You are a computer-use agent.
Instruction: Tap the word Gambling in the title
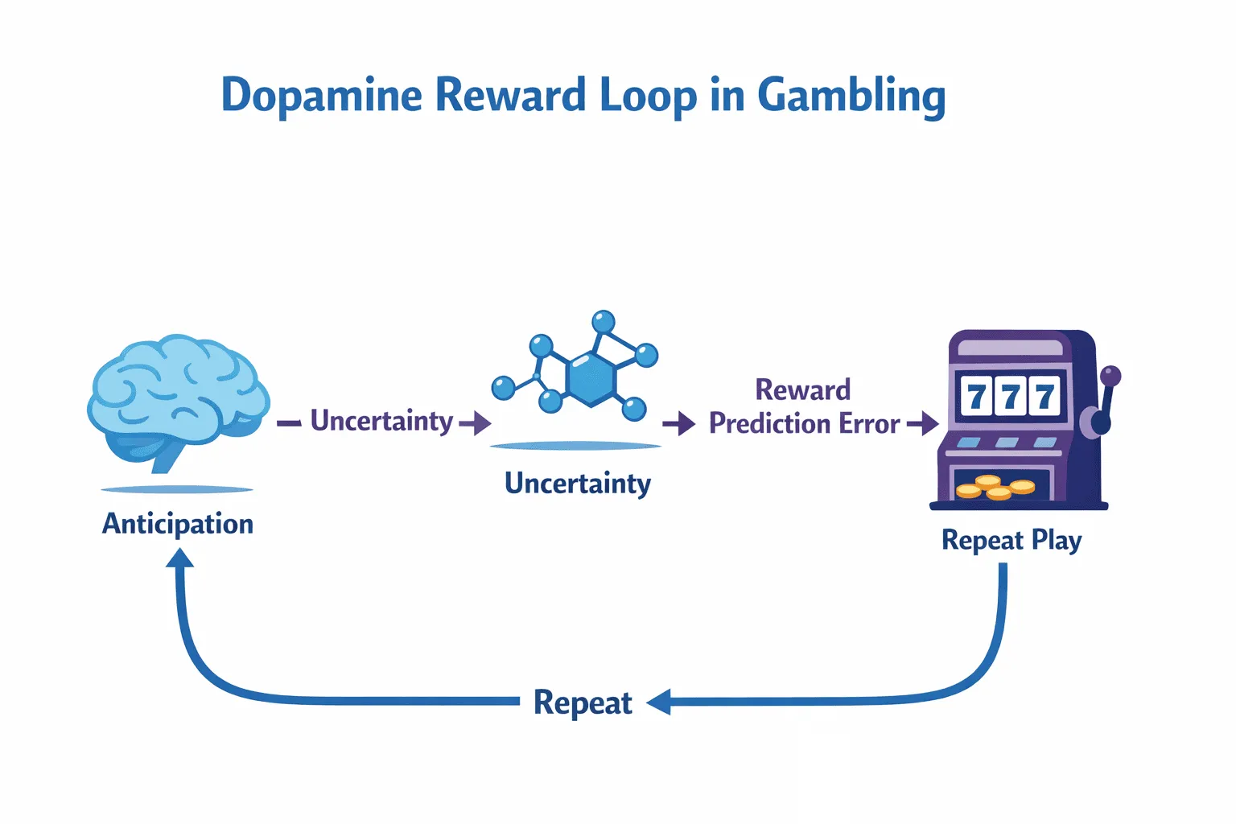[852, 97]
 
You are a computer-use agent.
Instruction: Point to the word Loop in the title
[649, 97]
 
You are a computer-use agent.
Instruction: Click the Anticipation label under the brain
[178, 524]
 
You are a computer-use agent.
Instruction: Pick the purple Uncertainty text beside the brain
[382, 421]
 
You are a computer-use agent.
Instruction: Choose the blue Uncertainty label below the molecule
[578, 484]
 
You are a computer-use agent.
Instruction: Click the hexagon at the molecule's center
[591, 379]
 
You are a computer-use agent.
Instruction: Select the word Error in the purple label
[869, 424]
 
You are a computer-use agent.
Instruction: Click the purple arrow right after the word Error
[923, 424]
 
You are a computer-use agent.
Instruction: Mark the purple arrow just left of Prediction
[679, 424]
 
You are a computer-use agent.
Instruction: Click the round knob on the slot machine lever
[1110, 377]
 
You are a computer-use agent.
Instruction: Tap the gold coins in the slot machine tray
[995, 487]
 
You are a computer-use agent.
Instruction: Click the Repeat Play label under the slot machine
[1011, 540]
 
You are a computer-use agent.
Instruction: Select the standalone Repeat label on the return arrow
[583, 703]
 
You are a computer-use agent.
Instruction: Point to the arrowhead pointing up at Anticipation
[180, 558]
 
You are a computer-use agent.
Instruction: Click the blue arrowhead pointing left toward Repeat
[659, 702]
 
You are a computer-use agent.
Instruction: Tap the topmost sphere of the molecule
[603, 321]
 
